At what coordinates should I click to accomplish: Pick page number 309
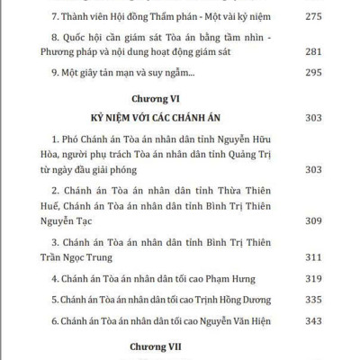[315, 219]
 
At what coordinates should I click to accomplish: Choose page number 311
[315, 256]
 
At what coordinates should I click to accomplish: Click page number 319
[315, 279]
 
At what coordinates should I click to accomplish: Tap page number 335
[315, 300]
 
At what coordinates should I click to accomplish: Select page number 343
[315, 321]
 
